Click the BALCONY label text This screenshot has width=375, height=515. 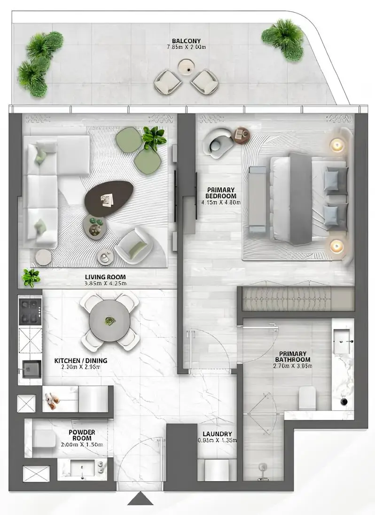[187, 41]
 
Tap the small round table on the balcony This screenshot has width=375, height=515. [186, 69]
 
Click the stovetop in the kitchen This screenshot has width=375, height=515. [30, 311]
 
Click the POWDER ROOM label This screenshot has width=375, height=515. [82, 435]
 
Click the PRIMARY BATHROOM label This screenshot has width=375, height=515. [293, 357]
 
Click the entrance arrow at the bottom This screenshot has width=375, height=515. [141, 499]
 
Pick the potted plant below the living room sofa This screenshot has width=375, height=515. [31, 278]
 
